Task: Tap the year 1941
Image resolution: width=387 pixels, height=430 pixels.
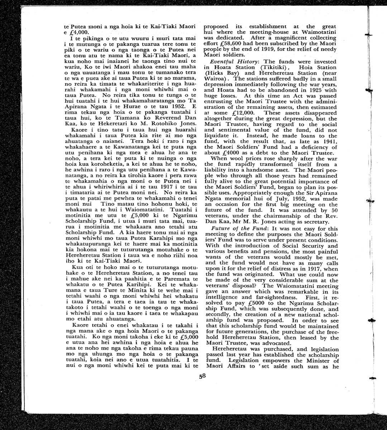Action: click(330, 142)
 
